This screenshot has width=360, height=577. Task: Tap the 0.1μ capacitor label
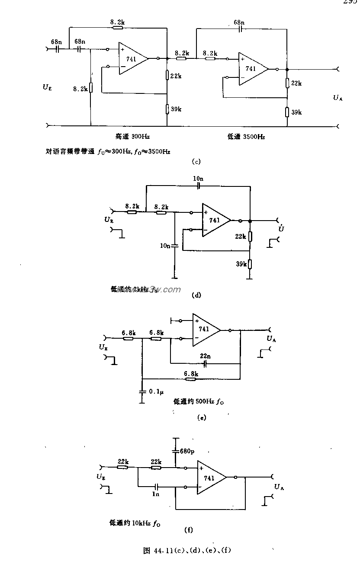156,391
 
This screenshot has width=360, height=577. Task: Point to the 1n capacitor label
156,494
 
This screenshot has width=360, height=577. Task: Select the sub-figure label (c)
196,162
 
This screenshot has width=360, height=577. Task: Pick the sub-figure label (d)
196,295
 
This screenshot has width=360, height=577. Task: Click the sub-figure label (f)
188,529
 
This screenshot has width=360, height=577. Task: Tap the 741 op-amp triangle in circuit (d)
215,220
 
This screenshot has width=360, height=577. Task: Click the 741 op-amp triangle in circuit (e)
205,330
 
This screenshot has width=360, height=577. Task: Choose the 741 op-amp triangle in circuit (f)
210,478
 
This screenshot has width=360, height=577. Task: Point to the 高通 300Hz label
132,137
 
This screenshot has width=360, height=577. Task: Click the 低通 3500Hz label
246,137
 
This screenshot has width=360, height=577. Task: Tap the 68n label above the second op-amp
239,22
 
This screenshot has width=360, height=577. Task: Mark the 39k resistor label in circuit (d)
241,263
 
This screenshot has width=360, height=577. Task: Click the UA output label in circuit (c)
338,98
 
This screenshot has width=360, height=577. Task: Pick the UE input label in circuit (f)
100,477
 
